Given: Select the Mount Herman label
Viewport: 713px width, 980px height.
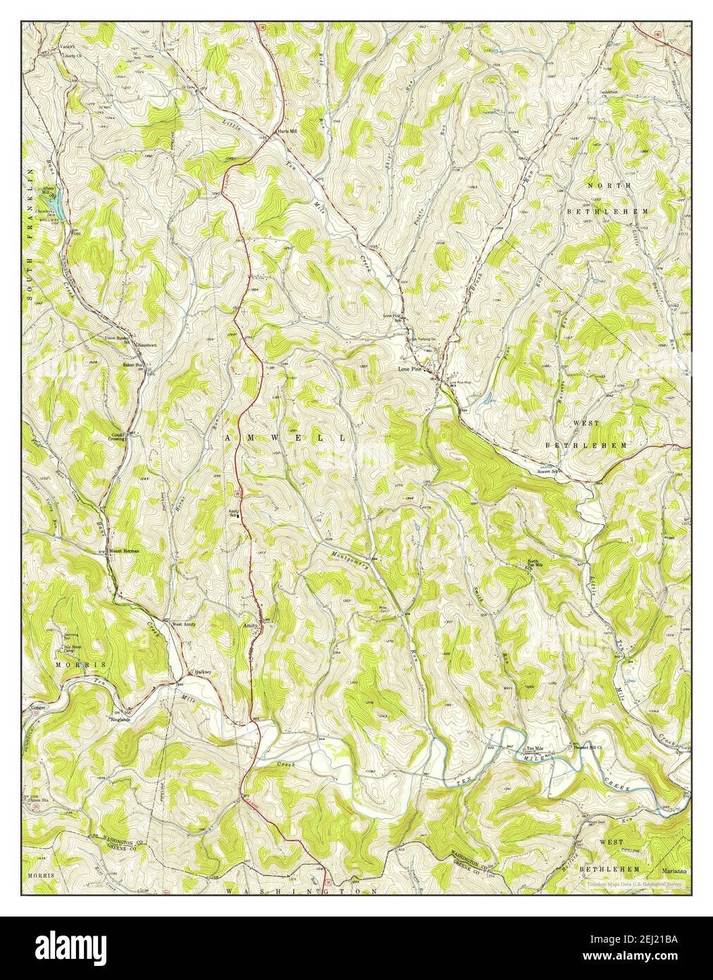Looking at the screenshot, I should (123, 551).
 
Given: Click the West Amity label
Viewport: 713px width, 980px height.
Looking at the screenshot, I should (183, 624).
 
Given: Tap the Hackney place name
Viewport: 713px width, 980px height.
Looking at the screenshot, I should (203, 671).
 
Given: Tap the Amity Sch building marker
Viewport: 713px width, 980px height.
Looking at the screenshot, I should (237, 515).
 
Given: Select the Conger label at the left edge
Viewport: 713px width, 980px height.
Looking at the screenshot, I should (37, 706).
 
